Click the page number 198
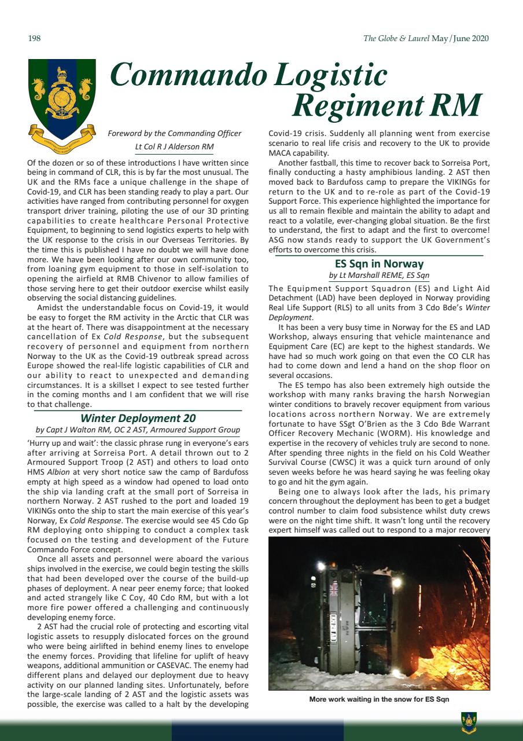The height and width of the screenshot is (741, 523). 34,39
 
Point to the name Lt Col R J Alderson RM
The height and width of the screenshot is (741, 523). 174,146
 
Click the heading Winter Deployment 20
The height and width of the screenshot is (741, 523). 138,418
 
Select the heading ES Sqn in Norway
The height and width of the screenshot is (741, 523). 379,264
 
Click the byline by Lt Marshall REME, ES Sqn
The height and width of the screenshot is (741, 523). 379,276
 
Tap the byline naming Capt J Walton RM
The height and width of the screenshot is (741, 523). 138,430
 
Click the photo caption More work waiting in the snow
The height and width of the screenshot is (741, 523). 379,699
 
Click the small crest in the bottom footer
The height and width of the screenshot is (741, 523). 469,721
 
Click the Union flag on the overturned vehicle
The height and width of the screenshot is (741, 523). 334,589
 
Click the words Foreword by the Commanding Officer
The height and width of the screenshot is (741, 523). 174,134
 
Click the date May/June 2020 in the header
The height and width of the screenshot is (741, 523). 460,39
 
